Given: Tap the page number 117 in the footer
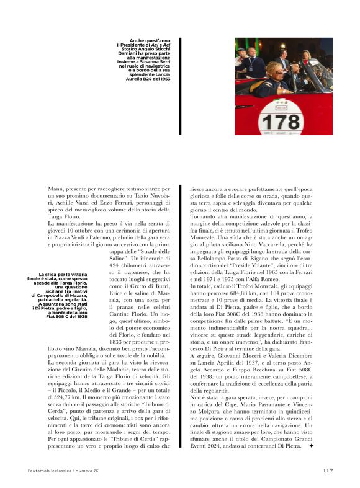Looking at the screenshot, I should (328, 470).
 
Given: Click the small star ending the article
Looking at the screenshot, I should (328, 462).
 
